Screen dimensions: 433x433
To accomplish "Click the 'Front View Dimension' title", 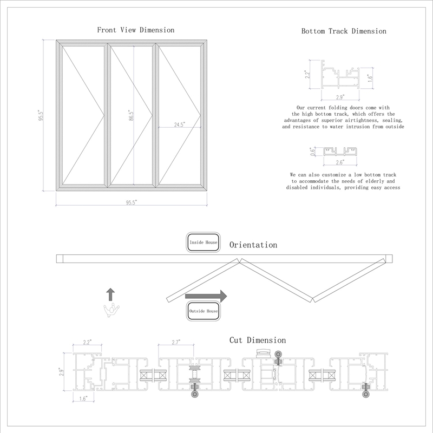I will (135, 30).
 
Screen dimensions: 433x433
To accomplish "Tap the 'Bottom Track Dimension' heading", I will (344, 31).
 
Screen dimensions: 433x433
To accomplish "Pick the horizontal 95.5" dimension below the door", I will (132, 202).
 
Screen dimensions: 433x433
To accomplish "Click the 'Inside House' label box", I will (203, 243).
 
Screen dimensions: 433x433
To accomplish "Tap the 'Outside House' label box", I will (204, 311).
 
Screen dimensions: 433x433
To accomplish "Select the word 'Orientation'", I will (253, 245).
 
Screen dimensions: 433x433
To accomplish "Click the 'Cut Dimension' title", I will (258, 340).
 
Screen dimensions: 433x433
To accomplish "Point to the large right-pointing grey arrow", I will (206, 296).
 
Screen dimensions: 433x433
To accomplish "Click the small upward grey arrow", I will (110, 294).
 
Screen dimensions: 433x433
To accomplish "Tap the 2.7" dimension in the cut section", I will (175, 342).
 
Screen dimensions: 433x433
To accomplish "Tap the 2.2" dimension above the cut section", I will (88, 342).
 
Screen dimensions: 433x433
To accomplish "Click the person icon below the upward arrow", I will (111, 309).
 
